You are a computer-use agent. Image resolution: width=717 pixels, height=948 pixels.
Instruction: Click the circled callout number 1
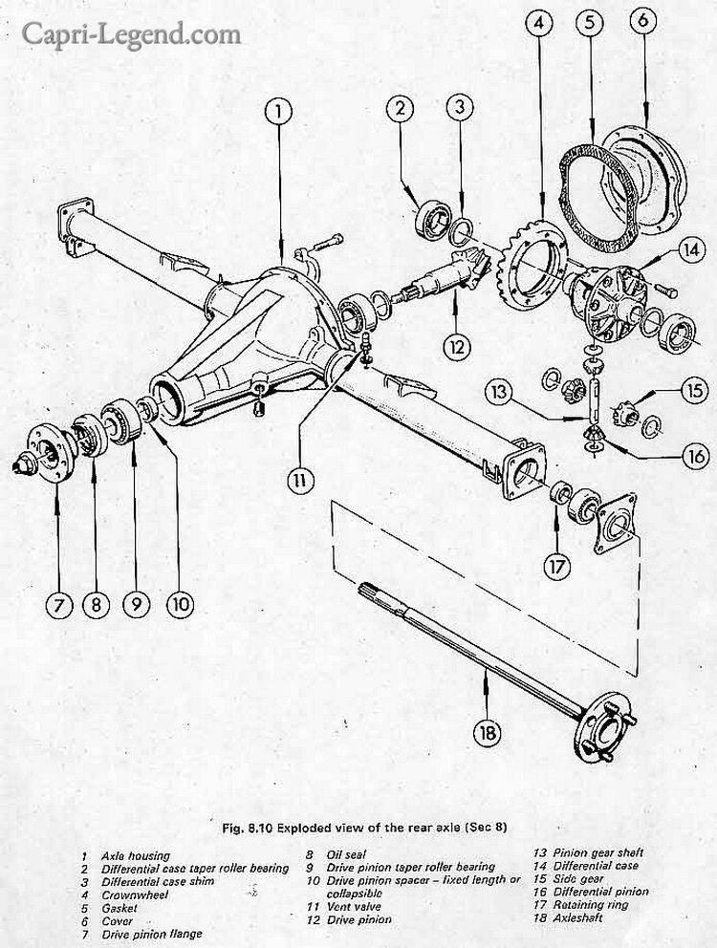[277, 113]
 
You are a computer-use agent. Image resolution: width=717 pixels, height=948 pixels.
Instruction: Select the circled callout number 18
[486, 733]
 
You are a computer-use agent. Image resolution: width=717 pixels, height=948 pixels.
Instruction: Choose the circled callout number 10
[179, 604]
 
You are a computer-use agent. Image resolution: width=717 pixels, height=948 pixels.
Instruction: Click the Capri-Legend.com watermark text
[131, 35]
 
